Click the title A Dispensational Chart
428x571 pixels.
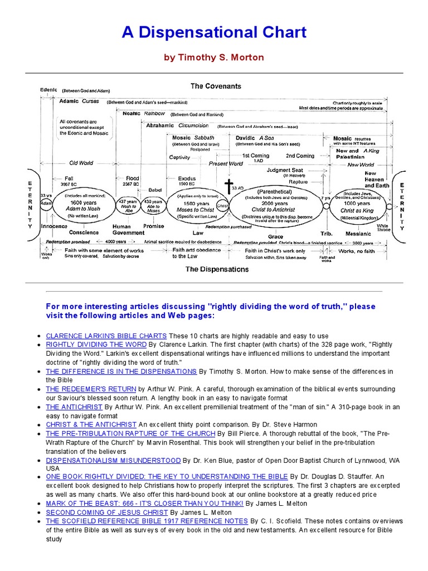point(214,32)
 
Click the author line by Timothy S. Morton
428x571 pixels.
point(214,57)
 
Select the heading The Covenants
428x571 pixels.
point(216,86)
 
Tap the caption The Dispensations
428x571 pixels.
point(217,269)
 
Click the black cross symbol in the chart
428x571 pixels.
point(228,186)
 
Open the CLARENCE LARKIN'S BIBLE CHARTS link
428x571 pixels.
point(106,336)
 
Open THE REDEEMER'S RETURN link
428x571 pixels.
point(91,389)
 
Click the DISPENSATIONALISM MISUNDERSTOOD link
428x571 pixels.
point(113,460)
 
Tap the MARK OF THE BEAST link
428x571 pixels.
point(145,503)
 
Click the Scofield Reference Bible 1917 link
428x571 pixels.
point(147,521)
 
